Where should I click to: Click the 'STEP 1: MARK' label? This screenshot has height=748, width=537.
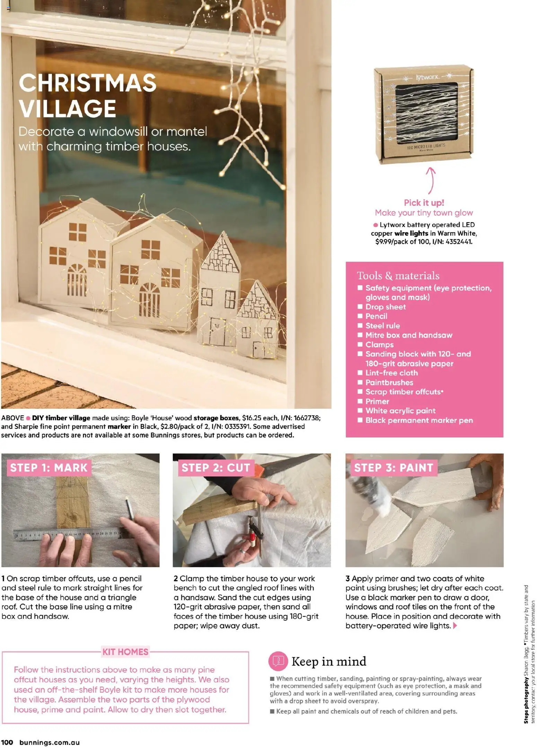click(49, 468)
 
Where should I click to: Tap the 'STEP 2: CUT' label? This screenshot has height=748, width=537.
click(215, 468)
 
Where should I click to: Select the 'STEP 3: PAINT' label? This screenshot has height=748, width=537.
click(394, 468)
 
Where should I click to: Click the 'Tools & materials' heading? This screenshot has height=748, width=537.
click(398, 276)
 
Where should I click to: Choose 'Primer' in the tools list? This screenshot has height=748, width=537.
click(377, 401)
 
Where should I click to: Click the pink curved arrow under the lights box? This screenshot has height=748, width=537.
click(431, 180)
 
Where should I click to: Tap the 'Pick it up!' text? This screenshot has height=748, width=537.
click(424, 203)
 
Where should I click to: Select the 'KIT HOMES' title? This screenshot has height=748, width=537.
click(125, 652)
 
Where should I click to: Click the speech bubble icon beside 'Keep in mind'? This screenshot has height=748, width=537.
click(278, 661)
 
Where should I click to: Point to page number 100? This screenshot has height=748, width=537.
click(7, 742)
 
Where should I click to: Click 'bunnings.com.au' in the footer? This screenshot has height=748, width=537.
click(50, 742)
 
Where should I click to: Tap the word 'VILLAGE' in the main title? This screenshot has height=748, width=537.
click(67, 108)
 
